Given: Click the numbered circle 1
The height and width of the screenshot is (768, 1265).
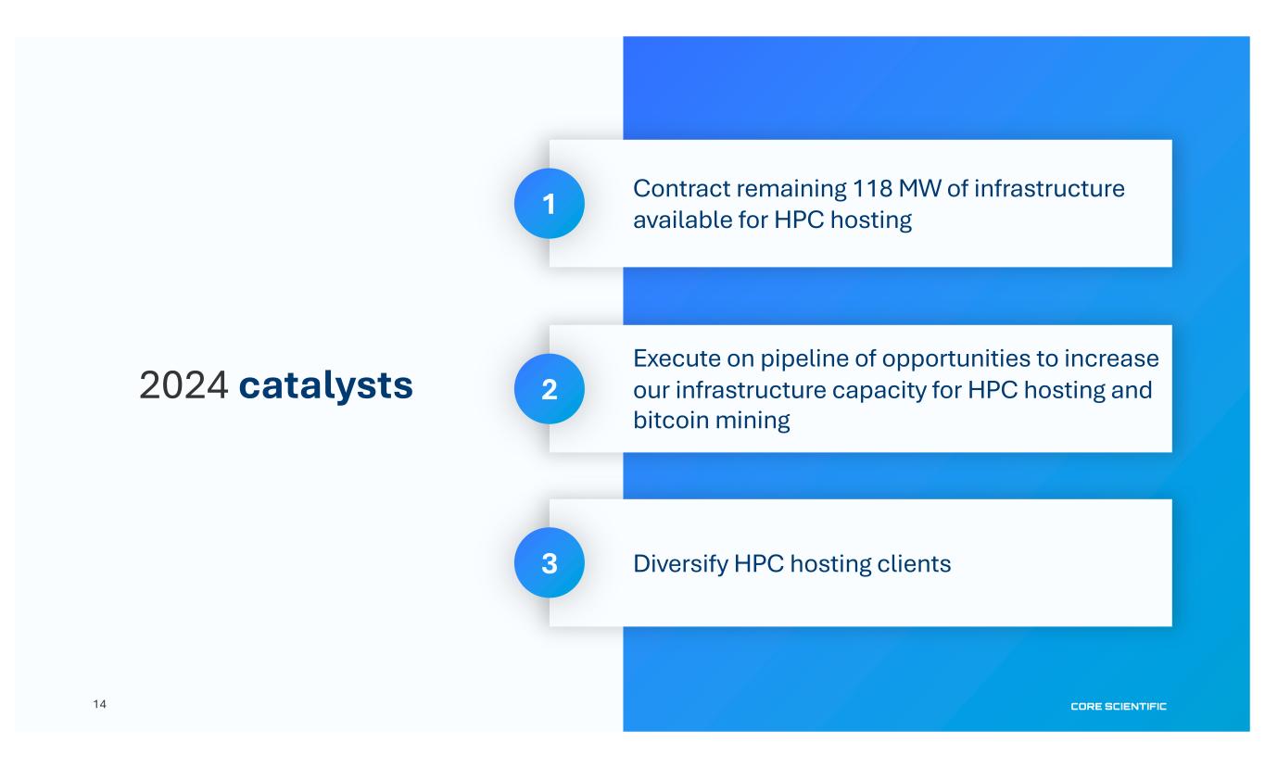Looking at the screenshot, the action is tap(549, 203).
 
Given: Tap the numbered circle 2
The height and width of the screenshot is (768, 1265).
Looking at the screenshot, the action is tap(549, 389).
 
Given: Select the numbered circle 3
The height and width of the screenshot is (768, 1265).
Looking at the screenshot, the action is tap(549, 563).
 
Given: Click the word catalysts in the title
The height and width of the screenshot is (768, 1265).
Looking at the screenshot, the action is tap(326, 385).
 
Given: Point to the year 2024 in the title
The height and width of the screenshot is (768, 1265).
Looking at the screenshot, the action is tap(183, 385).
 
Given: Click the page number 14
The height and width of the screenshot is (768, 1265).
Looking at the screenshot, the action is tap(99, 704).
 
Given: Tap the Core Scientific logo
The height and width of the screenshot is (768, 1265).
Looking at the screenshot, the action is tap(1119, 707).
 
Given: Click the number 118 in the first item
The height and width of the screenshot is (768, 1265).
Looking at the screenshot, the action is tap(872, 189).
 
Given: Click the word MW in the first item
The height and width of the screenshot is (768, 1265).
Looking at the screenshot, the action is tap(919, 189).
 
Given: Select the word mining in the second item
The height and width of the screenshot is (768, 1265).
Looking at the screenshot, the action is tap(753, 422).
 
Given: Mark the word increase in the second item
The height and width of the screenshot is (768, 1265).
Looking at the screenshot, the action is tap(1111, 359).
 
